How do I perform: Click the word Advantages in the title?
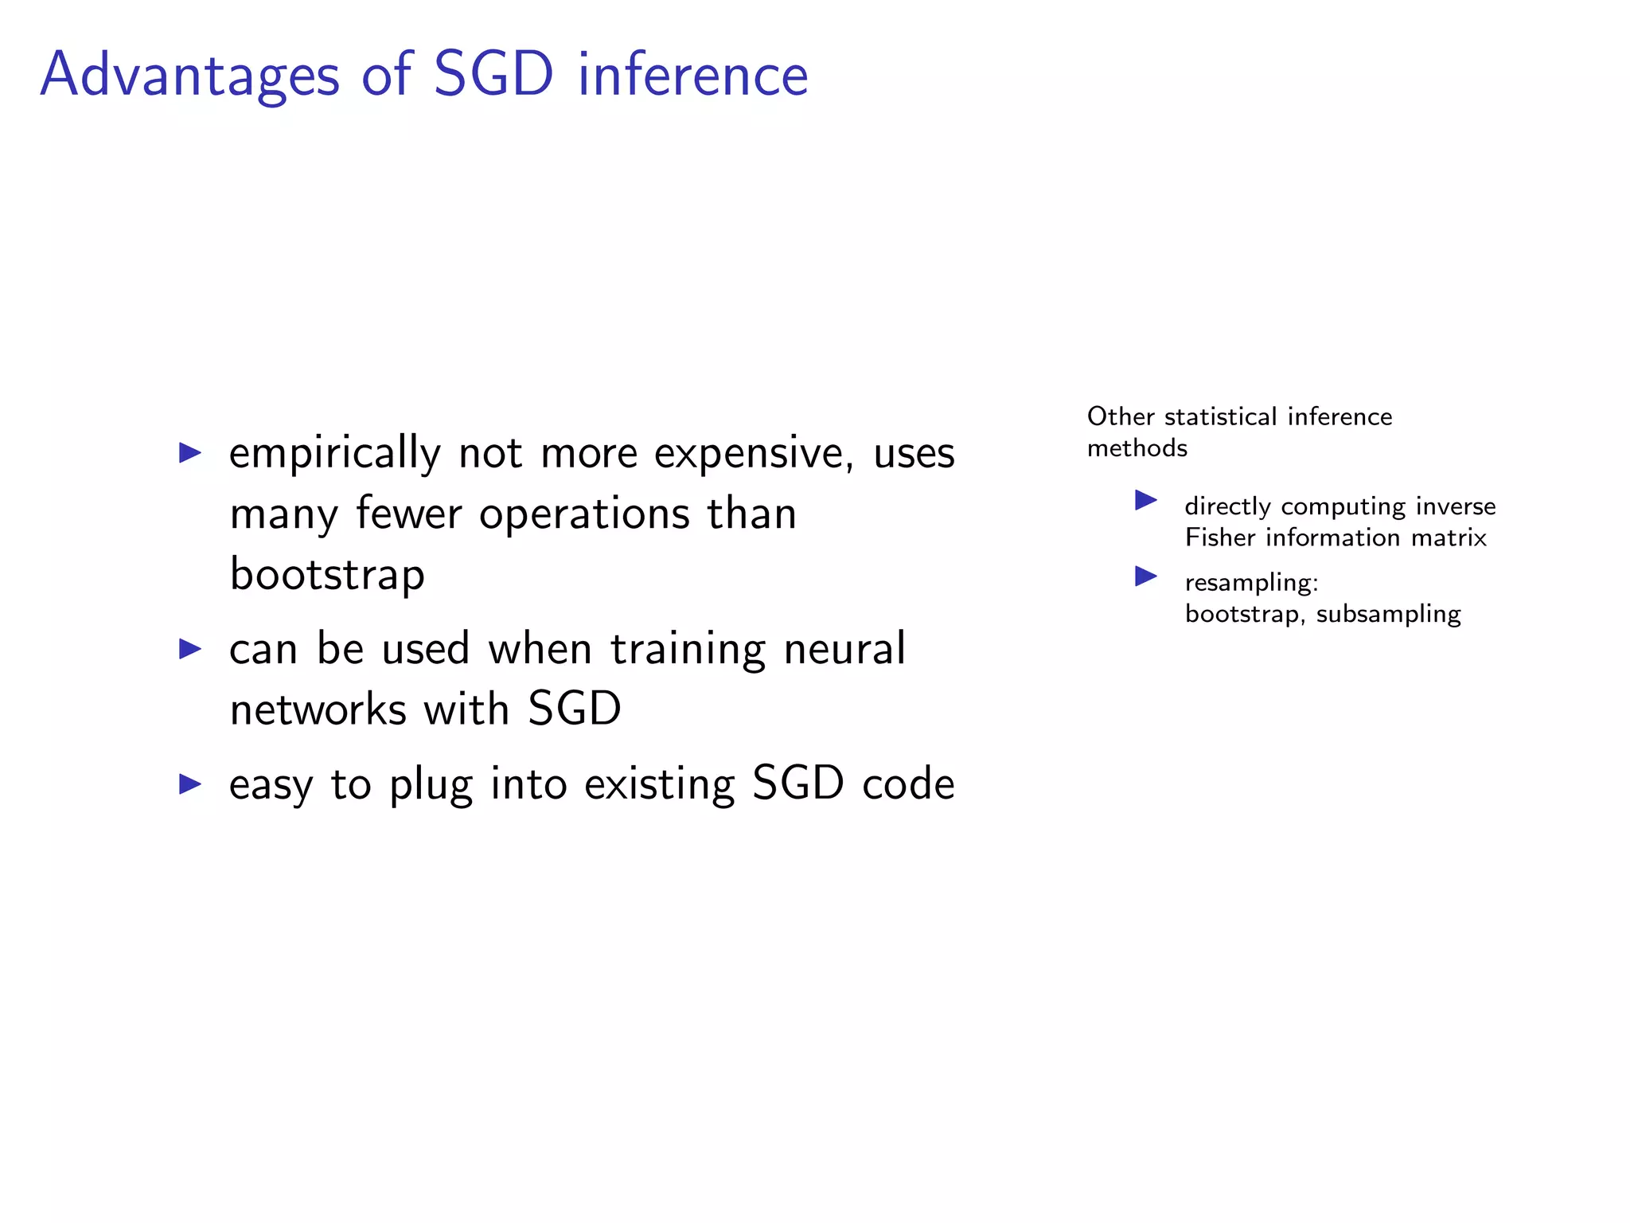pyautogui.click(x=189, y=76)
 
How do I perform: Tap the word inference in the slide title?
pyautogui.click(x=692, y=76)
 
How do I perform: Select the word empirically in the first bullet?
pyautogui.click(x=334, y=454)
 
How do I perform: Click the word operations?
pyautogui.click(x=584, y=514)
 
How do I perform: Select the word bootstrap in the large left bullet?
pyautogui.click(x=327, y=574)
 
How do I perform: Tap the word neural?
pyautogui.click(x=844, y=648)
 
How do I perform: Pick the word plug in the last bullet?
pyautogui.click(x=431, y=784)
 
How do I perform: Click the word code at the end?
pyautogui.click(x=908, y=784)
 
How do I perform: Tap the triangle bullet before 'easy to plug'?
pyautogui.click(x=190, y=783)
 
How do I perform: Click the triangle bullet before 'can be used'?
pyautogui.click(x=190, y=648)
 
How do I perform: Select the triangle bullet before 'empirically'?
pyautogui.click(x=190, y=453)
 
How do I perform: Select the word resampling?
pyautogui.click(x=1251, y=583)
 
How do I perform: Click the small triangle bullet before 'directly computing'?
pyautogui.click(x=1145, y=500)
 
